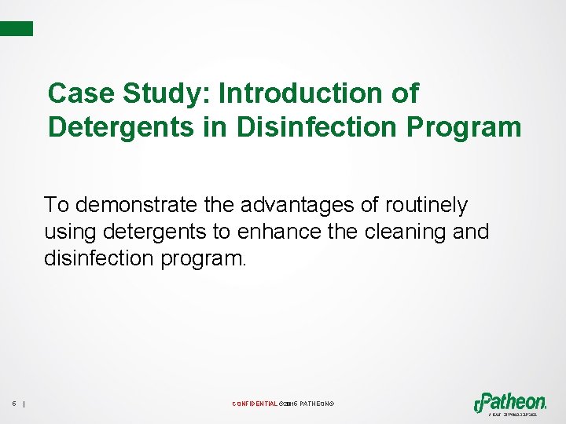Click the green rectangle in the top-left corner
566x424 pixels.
click(17, 28)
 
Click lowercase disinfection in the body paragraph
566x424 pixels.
click(99, 259)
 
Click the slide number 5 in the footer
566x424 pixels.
click(14, 404)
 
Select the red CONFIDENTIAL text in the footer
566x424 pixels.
click(255, 404)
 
